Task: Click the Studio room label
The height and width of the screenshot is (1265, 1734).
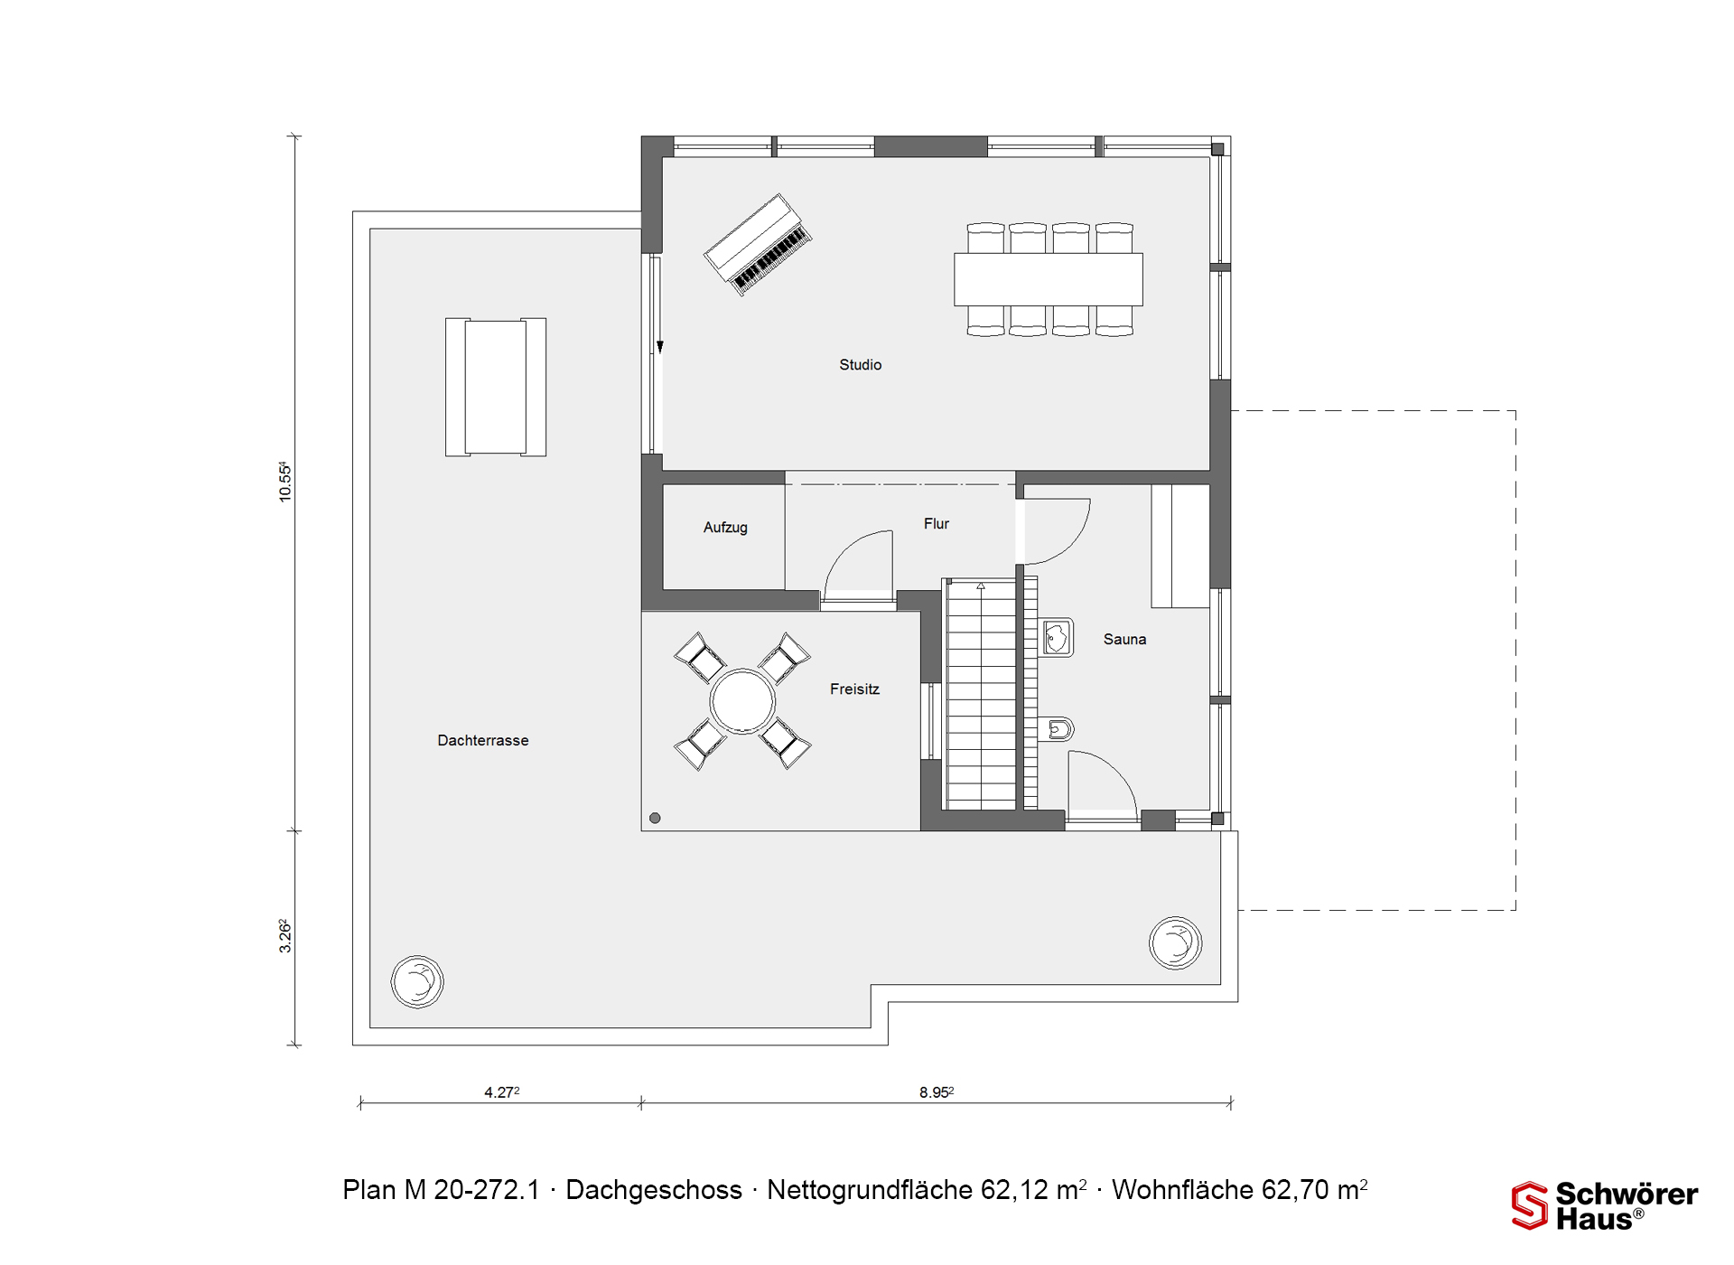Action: coord(860,365)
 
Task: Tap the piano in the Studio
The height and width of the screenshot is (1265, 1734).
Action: coord(758,244)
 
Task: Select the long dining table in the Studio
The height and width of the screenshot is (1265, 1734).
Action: coord(1048,279)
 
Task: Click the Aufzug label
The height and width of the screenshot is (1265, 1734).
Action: coord(725,528)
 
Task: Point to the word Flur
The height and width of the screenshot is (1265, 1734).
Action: coord(937,524)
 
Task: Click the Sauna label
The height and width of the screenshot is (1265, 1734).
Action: coord(1124,640)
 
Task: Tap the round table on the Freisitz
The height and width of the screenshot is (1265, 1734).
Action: coord(742,701)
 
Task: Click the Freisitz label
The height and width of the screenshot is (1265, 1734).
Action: coord(854,689)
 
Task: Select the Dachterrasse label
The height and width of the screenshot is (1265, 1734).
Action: coord(483,741)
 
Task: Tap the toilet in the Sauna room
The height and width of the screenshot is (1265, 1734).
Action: coord(1057,728)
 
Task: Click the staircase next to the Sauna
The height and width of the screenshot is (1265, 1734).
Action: coord(980,694)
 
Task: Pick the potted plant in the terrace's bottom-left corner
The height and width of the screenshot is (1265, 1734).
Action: coord(417,981)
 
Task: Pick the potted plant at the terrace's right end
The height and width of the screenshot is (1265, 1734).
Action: coord(1175,943)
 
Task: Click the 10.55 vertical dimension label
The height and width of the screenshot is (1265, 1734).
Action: coord(284,482)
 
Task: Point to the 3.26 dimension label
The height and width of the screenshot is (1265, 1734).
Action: coord(284,936)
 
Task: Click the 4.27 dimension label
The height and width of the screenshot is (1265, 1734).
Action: coord(501,1092)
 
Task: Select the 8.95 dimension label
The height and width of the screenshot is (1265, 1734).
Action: coord(937,1092)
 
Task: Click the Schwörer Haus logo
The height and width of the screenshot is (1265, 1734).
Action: coord(1604,1205)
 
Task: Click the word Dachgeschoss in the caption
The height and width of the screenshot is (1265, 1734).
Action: coord(654,1190)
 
